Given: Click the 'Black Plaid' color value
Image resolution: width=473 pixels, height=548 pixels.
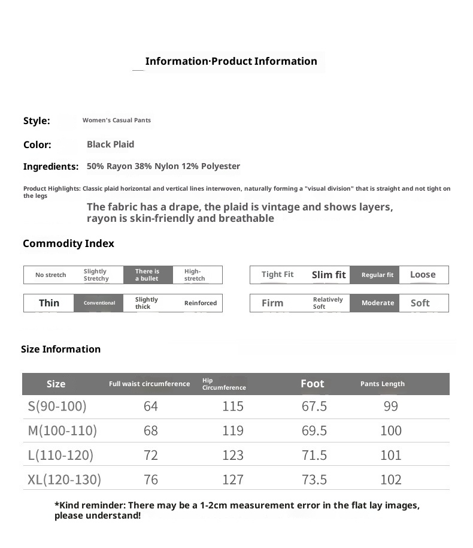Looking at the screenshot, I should [110, 144].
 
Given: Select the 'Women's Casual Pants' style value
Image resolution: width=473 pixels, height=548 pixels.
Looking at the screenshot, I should [117, 121].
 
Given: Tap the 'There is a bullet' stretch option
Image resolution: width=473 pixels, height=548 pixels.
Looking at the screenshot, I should [148, 275].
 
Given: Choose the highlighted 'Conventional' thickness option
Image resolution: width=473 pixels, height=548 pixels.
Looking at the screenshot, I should [99, 303].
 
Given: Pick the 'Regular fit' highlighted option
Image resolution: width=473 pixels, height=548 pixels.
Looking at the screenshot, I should [377, 275].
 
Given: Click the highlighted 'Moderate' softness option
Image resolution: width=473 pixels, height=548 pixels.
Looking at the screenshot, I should [378, 303].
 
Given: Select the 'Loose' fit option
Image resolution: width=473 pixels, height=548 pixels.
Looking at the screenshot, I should [423, 275].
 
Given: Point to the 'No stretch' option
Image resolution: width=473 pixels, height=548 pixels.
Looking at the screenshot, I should [51, 275].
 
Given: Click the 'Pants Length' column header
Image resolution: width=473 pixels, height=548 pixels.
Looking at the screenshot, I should [383, 384].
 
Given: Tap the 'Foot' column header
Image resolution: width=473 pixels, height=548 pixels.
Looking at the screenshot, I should [312, 384].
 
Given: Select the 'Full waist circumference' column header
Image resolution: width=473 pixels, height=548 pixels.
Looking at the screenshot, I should [149, 384].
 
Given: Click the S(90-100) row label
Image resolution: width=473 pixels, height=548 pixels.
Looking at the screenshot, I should [57, 407].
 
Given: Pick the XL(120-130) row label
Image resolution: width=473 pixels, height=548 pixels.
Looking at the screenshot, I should [64, 480].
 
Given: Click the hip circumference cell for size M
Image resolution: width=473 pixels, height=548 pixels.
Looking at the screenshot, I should [233, 431].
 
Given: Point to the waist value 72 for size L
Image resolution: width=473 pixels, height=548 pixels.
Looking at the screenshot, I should [151, 456].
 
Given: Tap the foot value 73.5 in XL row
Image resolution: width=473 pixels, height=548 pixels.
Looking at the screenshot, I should [314, 480].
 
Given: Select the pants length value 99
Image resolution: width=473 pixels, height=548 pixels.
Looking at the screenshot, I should [390, 407].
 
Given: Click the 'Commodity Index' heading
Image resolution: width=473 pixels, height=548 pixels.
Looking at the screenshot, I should [68, 243].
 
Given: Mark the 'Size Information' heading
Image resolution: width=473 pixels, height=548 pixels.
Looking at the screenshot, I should [60, 350].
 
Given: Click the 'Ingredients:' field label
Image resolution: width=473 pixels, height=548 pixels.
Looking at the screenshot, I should [51, 167].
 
